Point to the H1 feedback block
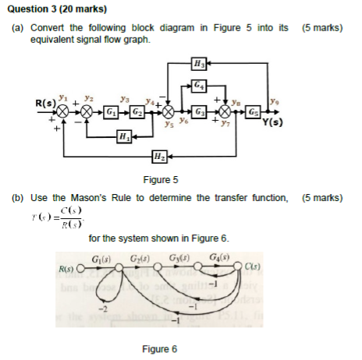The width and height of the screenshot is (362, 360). coord(123,138)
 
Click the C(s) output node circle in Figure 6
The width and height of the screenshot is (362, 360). coord(242,270)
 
